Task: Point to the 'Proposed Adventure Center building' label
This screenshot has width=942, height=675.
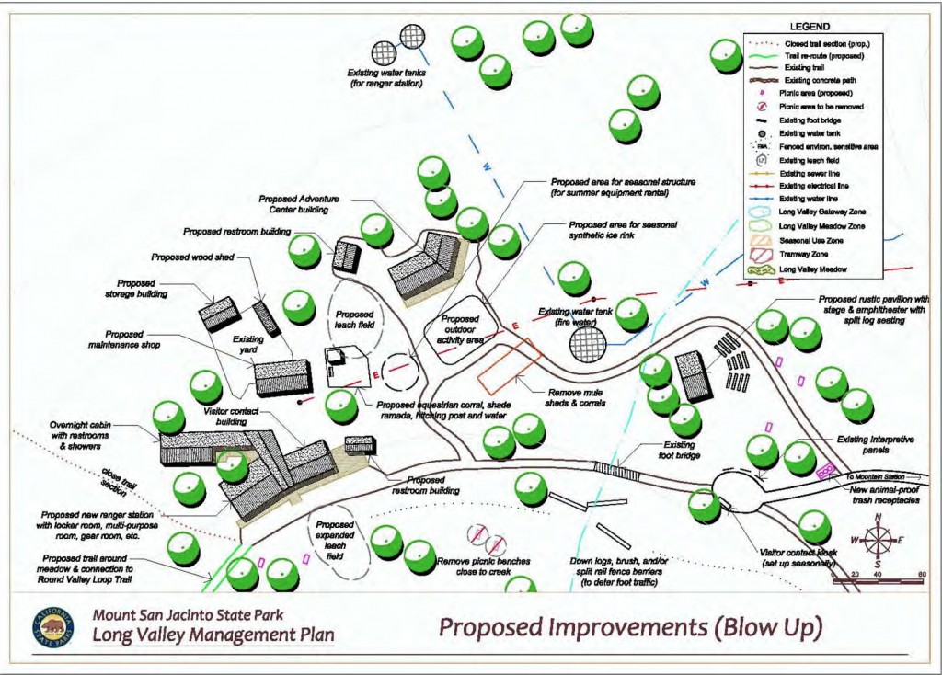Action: point(293,203)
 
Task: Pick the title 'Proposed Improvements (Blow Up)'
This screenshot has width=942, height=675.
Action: point(629,627)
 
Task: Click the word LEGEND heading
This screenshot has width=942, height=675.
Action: point(810,27)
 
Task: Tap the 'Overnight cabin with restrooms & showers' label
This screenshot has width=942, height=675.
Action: point(84,435)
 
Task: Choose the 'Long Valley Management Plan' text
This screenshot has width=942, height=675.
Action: point(213,635)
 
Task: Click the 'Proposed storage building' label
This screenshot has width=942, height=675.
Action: point(143,289)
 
